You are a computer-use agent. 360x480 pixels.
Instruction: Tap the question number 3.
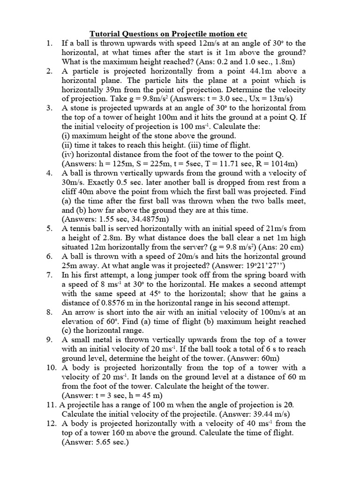(49, 107)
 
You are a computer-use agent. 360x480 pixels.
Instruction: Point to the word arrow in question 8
(85, 312)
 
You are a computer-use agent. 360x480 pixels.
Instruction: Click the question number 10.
(51, 367)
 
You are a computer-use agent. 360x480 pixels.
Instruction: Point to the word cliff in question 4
(70, 191)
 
